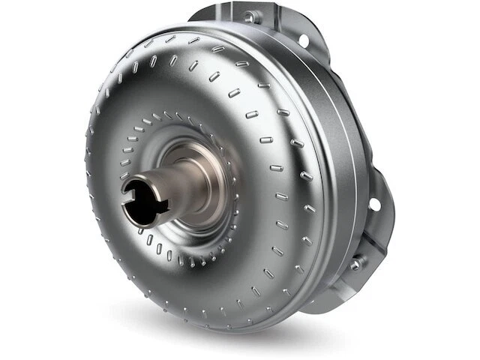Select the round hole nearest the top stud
(x=304, y=39)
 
